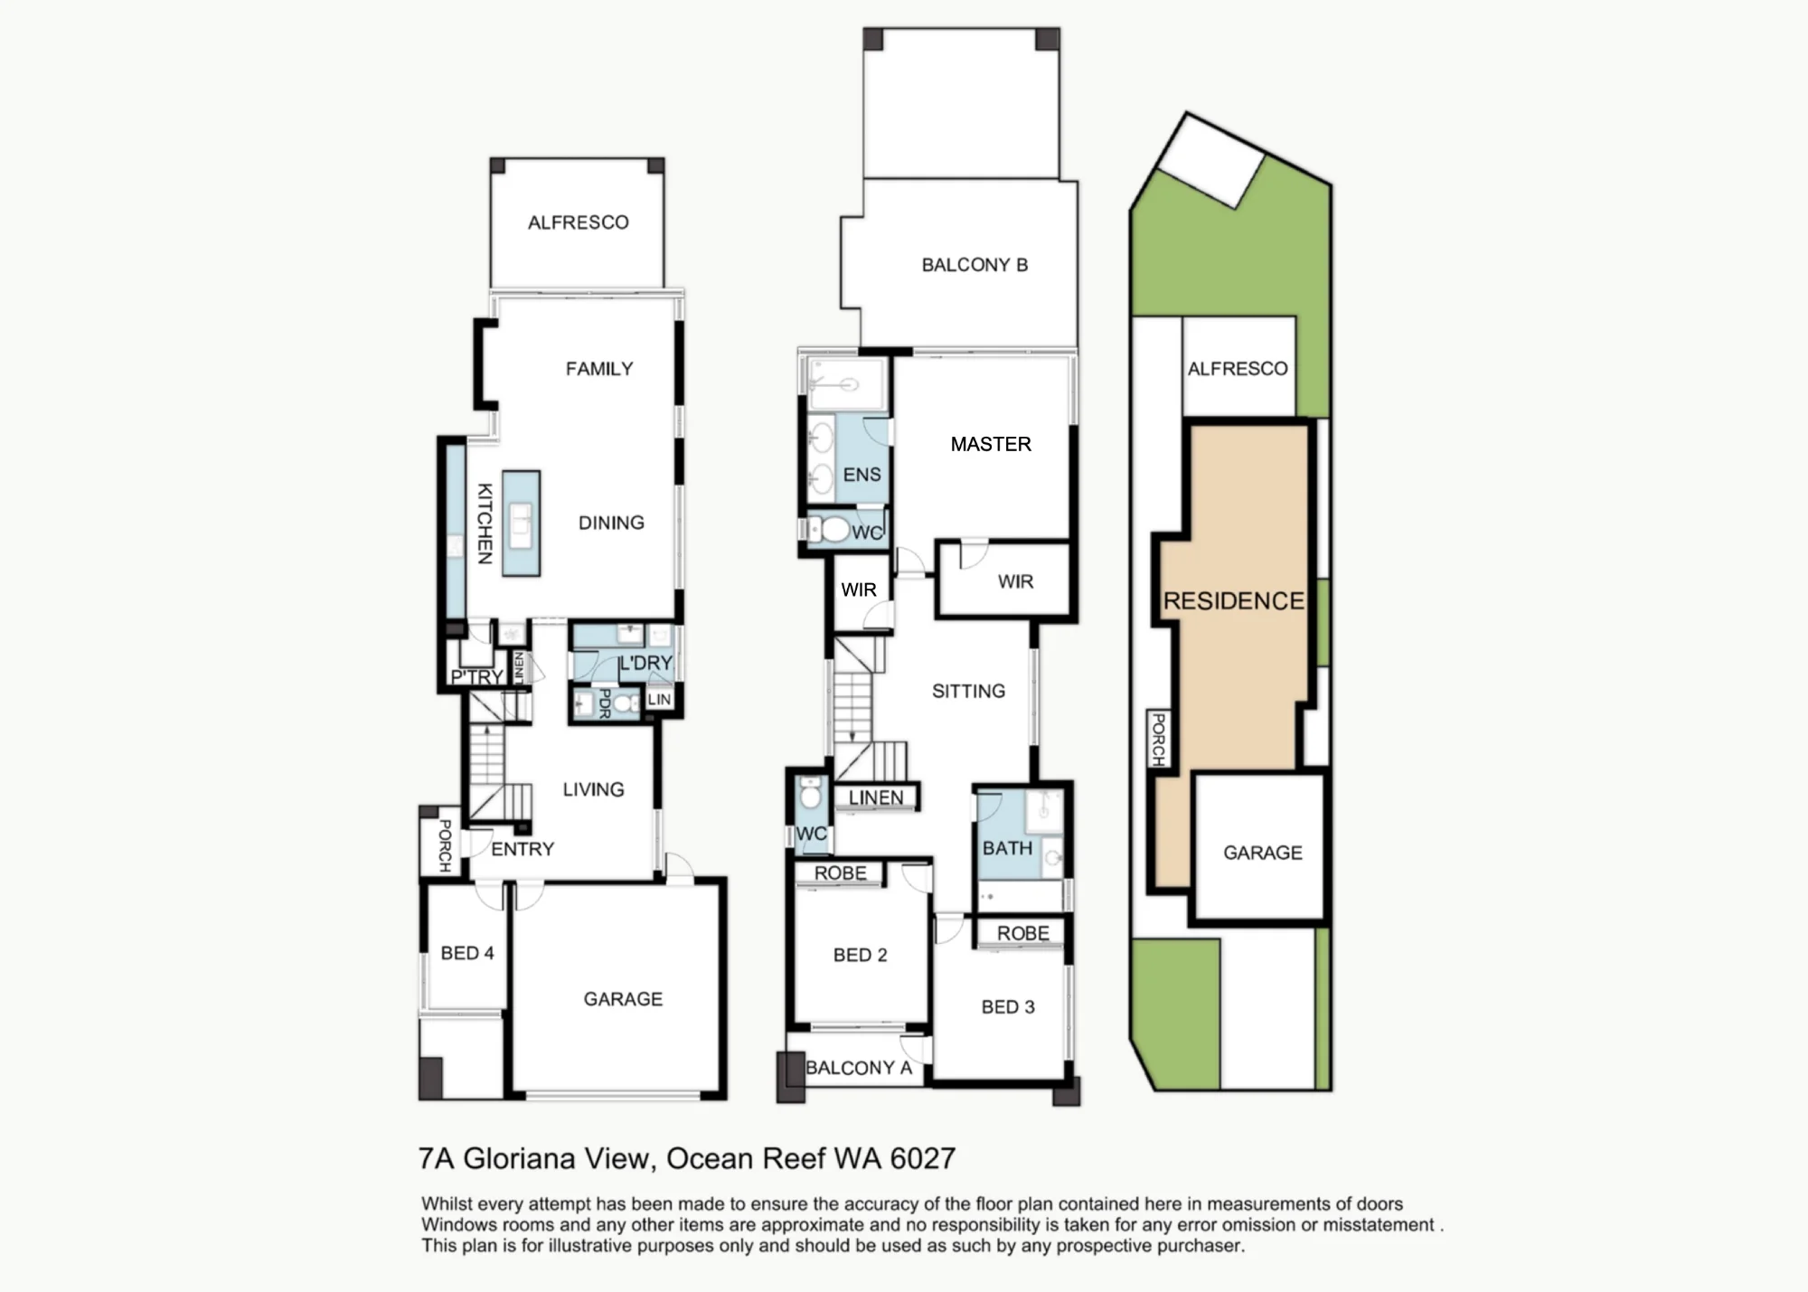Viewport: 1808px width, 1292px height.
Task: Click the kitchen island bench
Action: [522, 523]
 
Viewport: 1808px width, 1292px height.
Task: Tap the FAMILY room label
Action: [599, 369]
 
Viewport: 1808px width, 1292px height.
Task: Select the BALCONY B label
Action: [975, 265]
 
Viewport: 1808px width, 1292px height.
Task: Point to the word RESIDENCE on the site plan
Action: [1233, 601]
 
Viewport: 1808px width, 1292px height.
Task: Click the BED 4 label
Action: [467, 953]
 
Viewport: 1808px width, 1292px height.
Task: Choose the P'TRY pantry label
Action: [477, 677]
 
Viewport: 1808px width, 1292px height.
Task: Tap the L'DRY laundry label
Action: [645, 664]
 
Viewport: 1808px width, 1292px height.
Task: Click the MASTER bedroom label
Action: [991, 444]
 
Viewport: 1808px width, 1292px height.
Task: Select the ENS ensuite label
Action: [862, 475]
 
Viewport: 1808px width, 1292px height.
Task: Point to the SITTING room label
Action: [968, 692]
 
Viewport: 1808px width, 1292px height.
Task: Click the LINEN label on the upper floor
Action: [875, 797]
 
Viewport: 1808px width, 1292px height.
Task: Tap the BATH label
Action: [1007, 848]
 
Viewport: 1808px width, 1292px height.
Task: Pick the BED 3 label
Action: [1008, 1007]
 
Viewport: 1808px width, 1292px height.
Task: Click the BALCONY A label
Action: [859, 1068]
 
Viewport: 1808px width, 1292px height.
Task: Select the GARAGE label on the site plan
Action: [1263, 853]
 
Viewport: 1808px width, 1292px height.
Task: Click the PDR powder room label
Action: [605, 703]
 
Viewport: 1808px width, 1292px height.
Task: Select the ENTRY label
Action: [523, 849]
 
